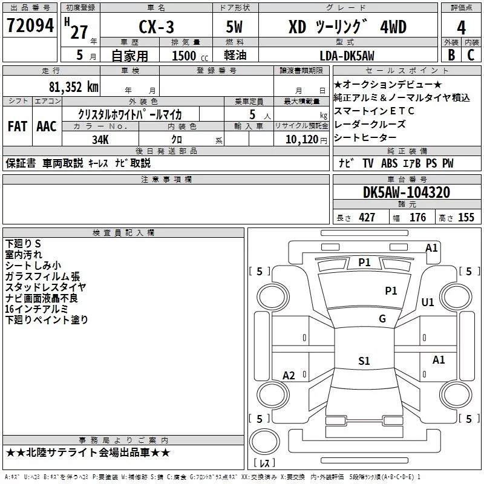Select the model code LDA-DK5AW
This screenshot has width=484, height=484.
(347, 56)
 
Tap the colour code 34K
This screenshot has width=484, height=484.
(100, 139)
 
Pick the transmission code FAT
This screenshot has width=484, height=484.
(17, 126)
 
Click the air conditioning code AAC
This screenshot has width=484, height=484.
(47, 126)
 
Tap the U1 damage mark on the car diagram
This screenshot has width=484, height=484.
(428, 301)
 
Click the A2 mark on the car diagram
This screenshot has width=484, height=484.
(289, 376)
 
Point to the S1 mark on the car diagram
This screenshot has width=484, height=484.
(364, 361)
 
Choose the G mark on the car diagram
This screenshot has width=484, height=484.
(382, 319)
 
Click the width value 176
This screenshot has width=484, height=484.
(417, 218)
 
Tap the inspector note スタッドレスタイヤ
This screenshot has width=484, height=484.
(45, 287)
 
